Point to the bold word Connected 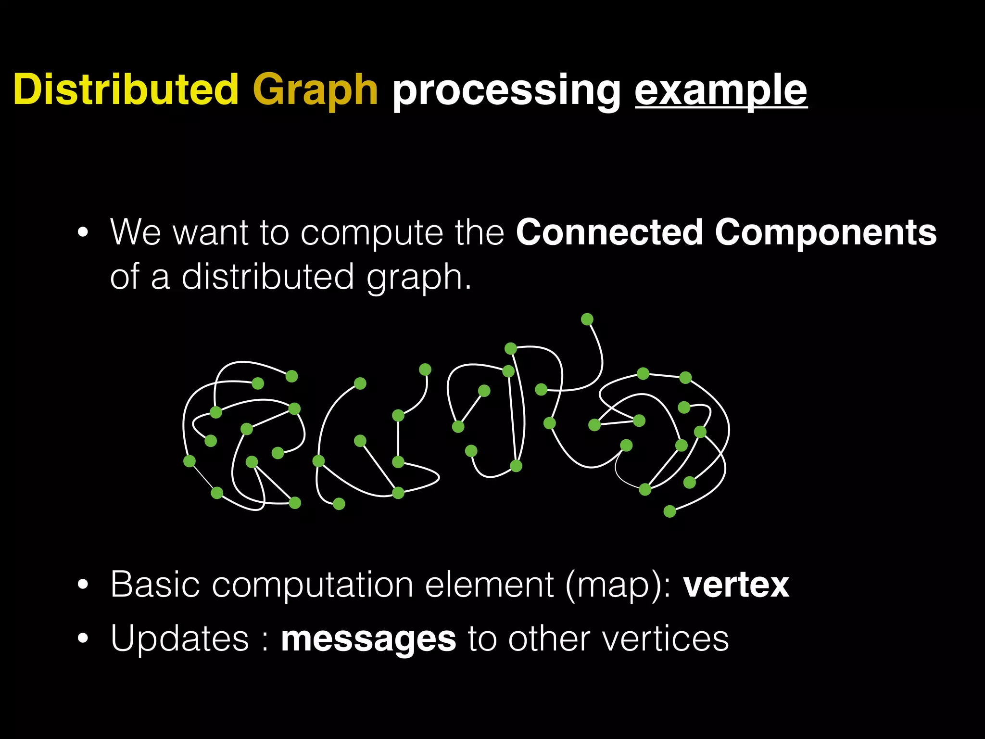[609, 232]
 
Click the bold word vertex [736, 585]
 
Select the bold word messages [368, 639]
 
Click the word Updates [179, 638]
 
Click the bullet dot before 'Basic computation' [83, 586]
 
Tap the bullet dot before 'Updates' [83, 639]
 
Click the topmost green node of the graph [587, 319]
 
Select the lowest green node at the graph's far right [669, 511]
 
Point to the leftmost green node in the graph [189, 461]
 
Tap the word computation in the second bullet [313, 586]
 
